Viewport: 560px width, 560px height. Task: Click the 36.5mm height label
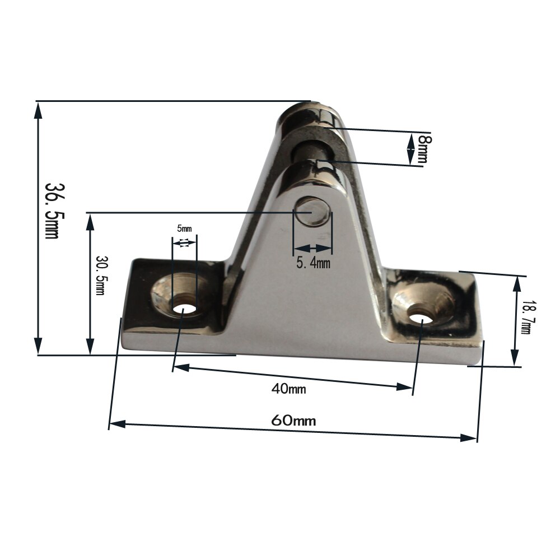[52, 210]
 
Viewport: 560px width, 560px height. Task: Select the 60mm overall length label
[293, 421]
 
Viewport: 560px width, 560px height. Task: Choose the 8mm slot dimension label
[424, 149]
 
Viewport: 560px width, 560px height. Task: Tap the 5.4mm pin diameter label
[314, 262]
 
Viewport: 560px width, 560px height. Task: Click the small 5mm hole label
[184, 228]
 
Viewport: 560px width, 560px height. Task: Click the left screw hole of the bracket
[182, 307]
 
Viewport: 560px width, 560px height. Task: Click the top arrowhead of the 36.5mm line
[38, 110]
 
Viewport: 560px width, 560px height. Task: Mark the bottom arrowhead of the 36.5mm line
[38, 346]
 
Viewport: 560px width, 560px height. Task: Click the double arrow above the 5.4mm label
[313, 248]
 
